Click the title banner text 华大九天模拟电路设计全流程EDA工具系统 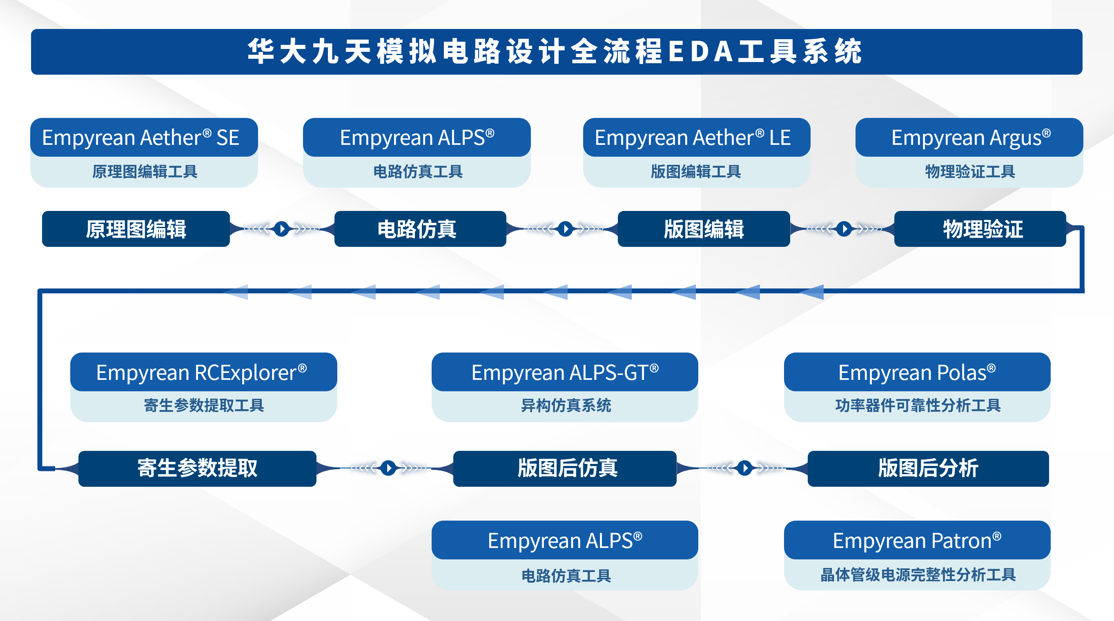[x=555, y=51]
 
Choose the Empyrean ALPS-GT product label [x=565, y=372]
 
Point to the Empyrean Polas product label [x=917, y=372]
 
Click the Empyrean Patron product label [x=917, y=540]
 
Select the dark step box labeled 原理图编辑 [x=136, y=229]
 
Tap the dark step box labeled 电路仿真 [x=420, y=229]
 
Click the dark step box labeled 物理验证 [x=980, y=229]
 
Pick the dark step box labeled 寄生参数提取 [x=197, y=468]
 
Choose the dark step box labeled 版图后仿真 [x=565, y=468]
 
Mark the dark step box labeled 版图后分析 [x=928, y=468]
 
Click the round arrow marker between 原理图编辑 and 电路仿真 [x=282, y=228]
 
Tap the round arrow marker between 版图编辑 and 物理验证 [x=844, y=228]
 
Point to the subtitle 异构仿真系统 [x=566, y=405]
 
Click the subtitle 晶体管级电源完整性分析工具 [x=918, y=575]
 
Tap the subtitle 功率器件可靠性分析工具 [x=918, y=405]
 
